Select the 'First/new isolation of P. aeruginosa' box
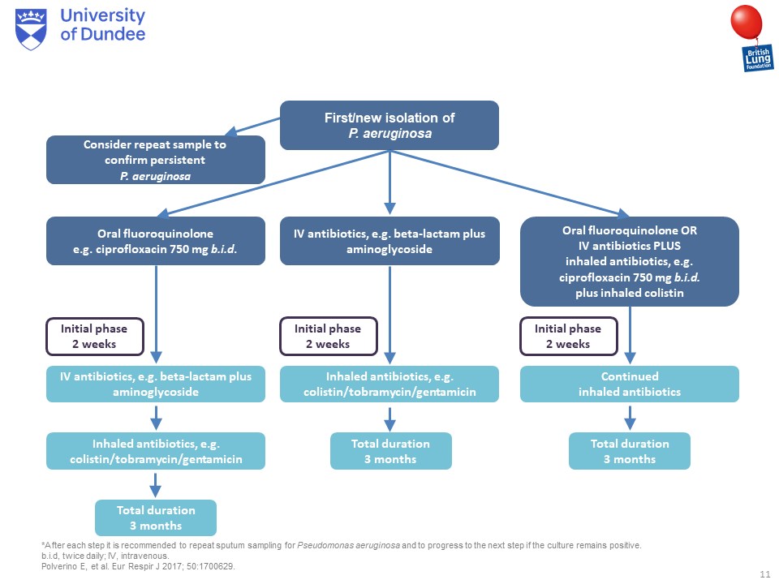pyautogui.click(x=389, y=126)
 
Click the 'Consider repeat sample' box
pyautogui.click(x=155, y=160)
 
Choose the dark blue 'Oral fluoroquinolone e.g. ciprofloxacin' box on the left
pyautogui.click(x=155, y=241)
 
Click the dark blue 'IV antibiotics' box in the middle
pyautogui.click(x=389, y=241)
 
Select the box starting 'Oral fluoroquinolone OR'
pyautogui.click(x=630, y=261)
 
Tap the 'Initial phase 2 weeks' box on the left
pyautogui.click(x=95, y=336)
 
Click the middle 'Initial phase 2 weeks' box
pyautogui.click(x=328, y=336)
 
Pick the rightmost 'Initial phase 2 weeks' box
pyautogui.click(x=568, y=336)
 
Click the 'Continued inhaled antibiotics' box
pyautogui.click(x=630, y=384)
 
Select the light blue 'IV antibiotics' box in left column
pyautogui.click(x=155, y=384)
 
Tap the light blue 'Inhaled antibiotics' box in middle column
pyautogui.click(x=389, y=384)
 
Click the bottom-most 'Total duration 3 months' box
pyautogui.click(x=155, y=517)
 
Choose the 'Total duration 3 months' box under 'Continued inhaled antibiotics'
pyautogui.click(x=630, y=451)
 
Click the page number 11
pyautogui.click(x=764, y=574)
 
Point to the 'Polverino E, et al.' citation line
pyautogui.click(x=138, y=566)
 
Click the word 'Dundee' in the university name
pyautogui.click(x=114, y=34)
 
